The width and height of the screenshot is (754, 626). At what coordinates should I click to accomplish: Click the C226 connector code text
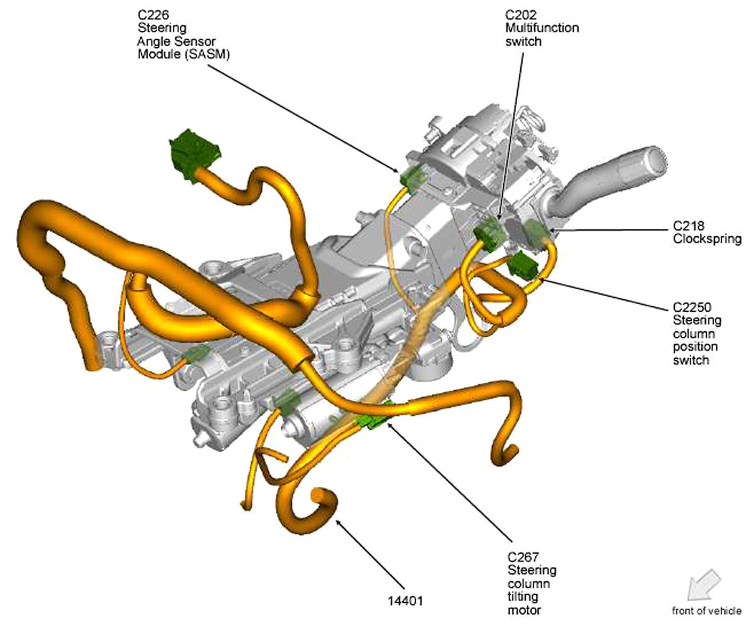tap(153, 15)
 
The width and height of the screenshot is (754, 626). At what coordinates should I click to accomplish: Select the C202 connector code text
tap(521, 15)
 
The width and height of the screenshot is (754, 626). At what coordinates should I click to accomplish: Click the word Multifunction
tap(542, 28)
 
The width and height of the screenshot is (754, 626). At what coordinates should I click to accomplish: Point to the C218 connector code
tap(688, 226)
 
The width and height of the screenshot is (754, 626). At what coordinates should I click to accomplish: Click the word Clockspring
tap(707, 239)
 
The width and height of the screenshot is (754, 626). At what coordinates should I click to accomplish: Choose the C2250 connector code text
tap(692, 307)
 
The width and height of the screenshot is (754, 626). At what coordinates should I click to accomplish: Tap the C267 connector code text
tap(523, 557)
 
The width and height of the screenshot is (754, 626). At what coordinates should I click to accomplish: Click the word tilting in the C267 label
tap(523, 596)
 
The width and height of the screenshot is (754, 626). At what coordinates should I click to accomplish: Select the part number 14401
tap(405, 601)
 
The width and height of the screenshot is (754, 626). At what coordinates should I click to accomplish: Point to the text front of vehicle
tap(706, 610)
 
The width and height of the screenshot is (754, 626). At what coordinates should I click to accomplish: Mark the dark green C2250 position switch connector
tap(523, 265)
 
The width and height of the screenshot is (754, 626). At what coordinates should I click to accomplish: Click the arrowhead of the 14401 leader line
tap(338, 522)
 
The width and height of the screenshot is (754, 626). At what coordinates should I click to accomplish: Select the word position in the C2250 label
tap(695, 347)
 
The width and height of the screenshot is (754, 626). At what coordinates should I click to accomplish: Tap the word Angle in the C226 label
tap(154, 41)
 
